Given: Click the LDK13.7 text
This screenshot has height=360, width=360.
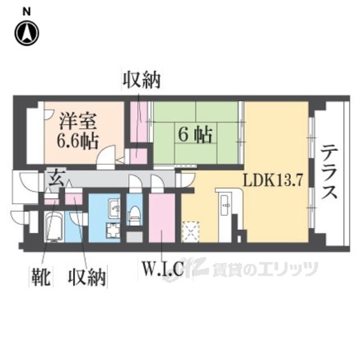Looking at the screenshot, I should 273,181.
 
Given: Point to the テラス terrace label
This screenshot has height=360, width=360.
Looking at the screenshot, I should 330,172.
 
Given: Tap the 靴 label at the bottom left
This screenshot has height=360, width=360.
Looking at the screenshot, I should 42,276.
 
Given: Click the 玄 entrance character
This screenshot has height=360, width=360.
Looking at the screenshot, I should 55,175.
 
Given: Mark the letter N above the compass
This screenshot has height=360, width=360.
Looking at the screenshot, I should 26,12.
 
